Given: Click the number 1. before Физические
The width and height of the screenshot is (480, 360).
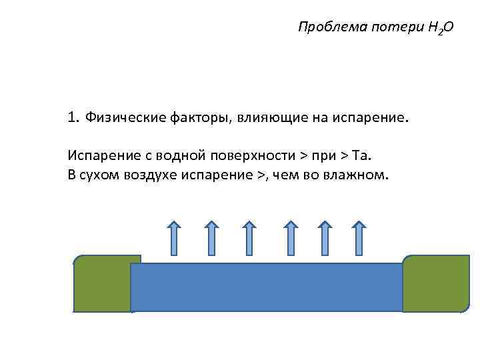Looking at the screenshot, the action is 73,118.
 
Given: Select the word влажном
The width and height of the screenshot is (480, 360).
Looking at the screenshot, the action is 357,177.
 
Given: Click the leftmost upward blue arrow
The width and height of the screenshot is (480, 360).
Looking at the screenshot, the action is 173,238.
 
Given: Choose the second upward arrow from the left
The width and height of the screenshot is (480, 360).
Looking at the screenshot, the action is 211,238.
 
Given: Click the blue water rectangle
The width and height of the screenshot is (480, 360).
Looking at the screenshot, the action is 267,287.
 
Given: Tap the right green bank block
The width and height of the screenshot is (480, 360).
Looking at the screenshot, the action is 436,283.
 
